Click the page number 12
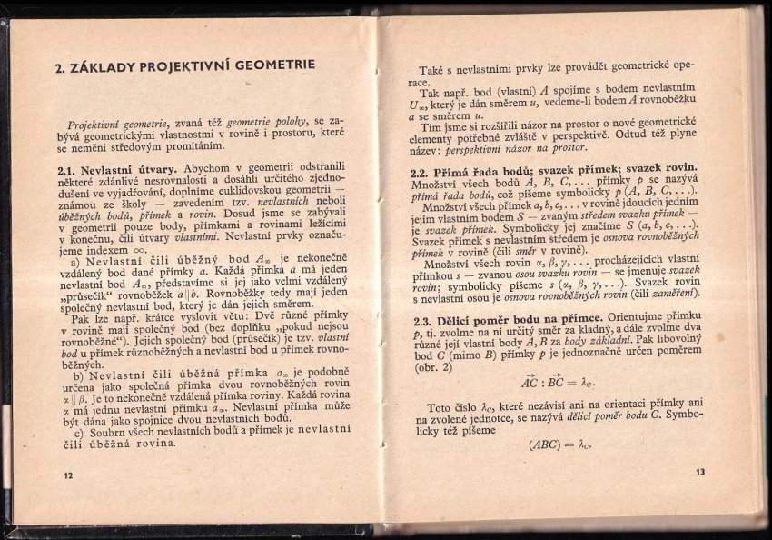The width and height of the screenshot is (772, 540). point(68,475)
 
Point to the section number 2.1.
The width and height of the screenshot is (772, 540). point(65,170)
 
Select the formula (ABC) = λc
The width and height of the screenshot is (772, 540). point(559,445)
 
